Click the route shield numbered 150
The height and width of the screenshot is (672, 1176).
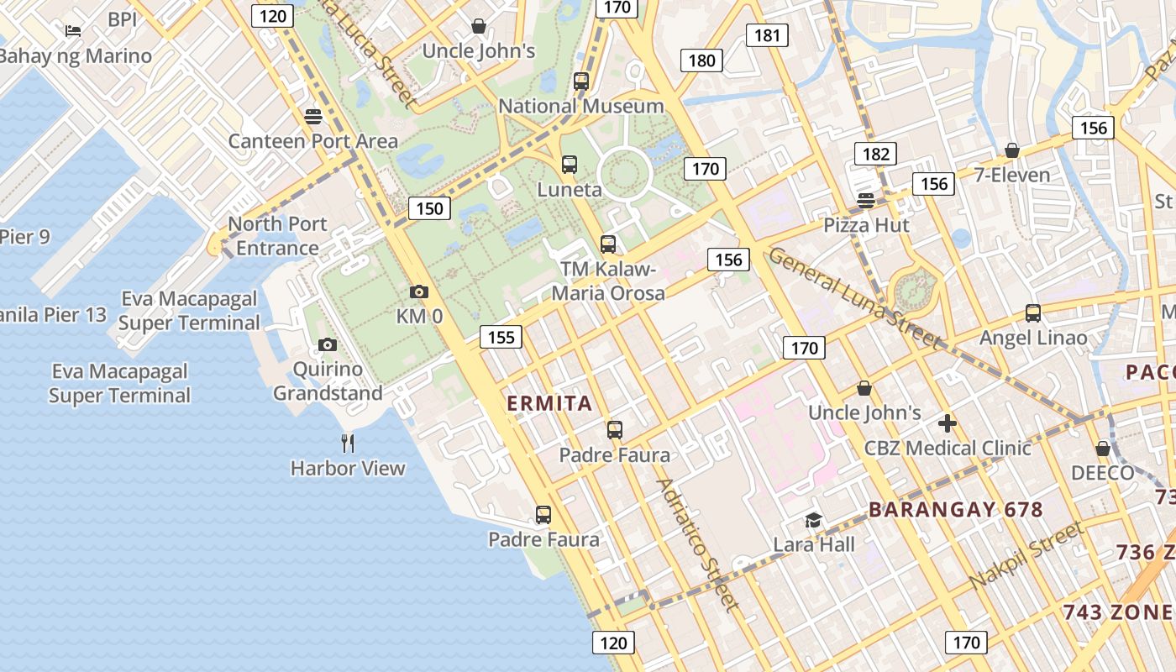429,208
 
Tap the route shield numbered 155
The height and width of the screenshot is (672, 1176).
501,338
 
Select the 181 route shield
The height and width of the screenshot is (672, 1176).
767,35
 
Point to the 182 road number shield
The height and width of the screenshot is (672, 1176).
875,154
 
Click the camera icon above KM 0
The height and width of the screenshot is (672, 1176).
418,292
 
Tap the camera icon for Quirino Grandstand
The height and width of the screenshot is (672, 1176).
328,344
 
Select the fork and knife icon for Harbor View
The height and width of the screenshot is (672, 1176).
348,443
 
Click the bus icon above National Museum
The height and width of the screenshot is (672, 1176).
581,81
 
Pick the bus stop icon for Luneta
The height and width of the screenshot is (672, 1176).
570,165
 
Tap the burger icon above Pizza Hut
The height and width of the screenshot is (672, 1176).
867,200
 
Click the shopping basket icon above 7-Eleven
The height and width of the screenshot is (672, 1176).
1012,150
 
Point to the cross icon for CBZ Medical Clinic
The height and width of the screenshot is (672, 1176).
948,423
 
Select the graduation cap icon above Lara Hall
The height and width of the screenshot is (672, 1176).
813,520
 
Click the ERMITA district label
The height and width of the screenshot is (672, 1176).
549,403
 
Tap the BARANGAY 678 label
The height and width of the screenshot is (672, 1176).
955,510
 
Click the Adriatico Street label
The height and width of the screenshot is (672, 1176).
698,543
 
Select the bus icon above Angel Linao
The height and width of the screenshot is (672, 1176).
1033,313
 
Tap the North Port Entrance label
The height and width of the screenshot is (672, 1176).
277,236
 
